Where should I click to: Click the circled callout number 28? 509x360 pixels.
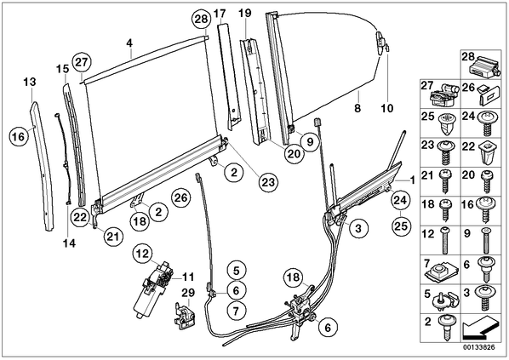(x=201, y=19)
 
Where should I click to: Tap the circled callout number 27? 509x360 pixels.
(x=82, y=61)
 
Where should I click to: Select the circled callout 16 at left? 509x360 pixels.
(x=19, y=137)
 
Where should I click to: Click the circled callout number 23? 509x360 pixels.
(x=268, y=182)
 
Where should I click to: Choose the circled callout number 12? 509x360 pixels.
(x=143, y=254)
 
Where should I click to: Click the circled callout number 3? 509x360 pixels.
(x=358, y=228)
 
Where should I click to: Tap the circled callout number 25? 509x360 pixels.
(x=400, y=226)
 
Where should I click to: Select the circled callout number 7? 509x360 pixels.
(x=236, y=311)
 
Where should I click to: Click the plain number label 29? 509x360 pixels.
(x=188, y=293)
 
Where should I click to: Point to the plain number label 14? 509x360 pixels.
(x=69, y=243)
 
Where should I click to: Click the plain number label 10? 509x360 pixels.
(x=386, y=108)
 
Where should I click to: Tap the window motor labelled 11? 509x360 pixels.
(x=153, y=288)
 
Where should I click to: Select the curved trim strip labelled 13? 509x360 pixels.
(x=42, y=166)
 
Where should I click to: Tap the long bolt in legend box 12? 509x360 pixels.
(x=445, y=241)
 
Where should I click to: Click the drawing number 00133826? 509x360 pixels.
(x=479, y=347)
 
